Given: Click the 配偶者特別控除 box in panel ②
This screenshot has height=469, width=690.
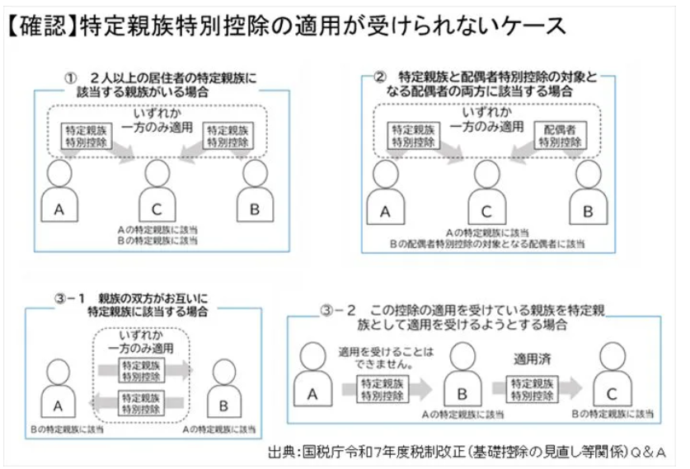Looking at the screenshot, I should coord(560,135).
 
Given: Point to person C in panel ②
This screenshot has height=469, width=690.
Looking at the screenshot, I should coord(487,193).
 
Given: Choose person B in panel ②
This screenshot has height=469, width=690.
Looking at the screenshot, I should coord(587,193).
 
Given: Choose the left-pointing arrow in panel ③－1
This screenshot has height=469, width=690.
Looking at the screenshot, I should coord(142,401).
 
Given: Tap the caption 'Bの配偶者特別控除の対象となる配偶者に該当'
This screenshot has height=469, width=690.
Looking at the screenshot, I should coord(488,244).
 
